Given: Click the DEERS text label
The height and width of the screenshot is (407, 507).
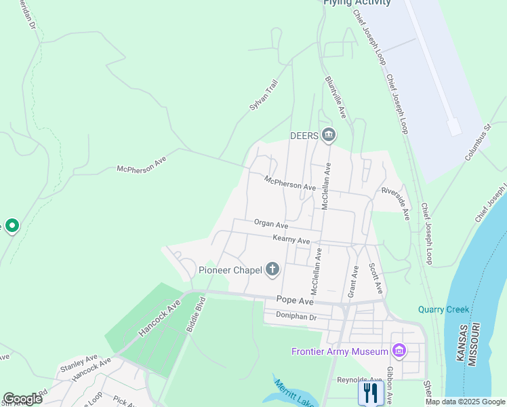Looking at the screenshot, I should pos(304,136).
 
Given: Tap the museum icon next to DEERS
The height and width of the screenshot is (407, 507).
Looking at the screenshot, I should pos(329,136).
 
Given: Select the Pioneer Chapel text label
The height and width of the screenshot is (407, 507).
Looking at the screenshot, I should pos(230,270).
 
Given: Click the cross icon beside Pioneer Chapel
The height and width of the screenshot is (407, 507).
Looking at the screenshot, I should pos(272,270).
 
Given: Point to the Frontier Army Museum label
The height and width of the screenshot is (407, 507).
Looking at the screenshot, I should pos(340,351).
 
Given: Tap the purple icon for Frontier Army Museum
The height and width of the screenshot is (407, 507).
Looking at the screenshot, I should pos(399,351).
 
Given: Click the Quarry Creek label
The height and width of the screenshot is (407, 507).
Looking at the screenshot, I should pos(443,310).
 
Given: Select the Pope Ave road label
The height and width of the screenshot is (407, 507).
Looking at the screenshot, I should pos(295,300).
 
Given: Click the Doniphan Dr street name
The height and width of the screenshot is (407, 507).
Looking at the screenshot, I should pos(296,316).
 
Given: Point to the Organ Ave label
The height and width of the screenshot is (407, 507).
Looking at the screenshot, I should pos(271,224).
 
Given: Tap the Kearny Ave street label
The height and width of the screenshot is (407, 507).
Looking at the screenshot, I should pos(291,240).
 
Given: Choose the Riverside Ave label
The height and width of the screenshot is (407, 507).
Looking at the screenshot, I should pos(395,204).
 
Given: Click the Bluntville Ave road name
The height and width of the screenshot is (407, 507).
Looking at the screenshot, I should pos(336,97).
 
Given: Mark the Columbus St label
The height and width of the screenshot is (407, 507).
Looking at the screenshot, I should pos(478,142).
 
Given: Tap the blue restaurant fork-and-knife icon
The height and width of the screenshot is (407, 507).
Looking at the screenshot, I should pos(371,392).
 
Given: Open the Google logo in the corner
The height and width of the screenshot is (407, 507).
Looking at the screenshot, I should pos(22,399).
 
